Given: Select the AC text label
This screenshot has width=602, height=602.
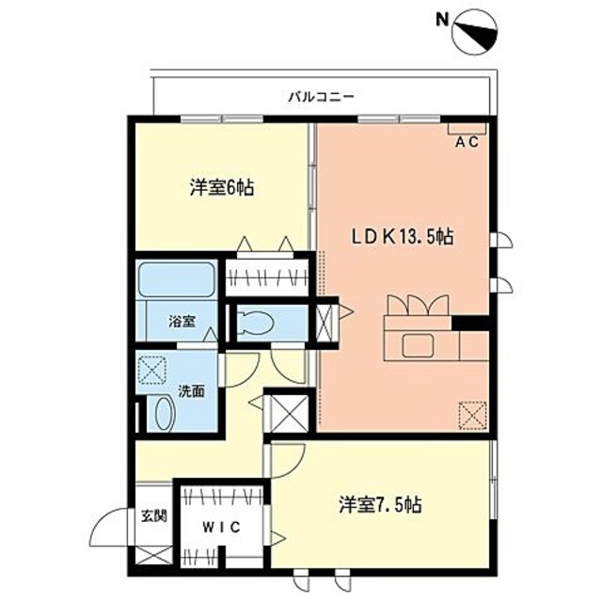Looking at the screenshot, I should coord(467,143).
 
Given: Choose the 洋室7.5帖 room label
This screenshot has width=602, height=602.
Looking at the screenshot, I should coord(380,504).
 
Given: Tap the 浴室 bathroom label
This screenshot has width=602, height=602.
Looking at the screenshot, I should coord(182,322).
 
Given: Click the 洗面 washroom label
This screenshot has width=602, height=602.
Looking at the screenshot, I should coord(192,390).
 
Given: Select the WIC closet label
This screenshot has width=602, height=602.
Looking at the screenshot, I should coord(222,529).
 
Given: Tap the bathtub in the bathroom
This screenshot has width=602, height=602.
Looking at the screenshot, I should coord(176,281).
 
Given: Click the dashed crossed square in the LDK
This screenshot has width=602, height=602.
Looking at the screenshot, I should coord(472,413).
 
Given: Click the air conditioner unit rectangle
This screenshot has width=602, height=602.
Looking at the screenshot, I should coord(465,126).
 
